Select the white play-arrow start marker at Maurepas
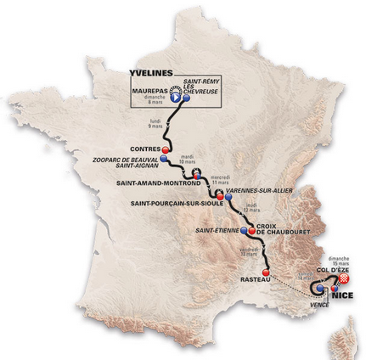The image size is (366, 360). pos(176,98)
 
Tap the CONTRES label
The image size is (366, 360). pos(138,147)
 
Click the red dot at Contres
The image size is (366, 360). pos(166,148)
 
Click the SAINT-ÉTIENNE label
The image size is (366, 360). pos(217,229)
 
